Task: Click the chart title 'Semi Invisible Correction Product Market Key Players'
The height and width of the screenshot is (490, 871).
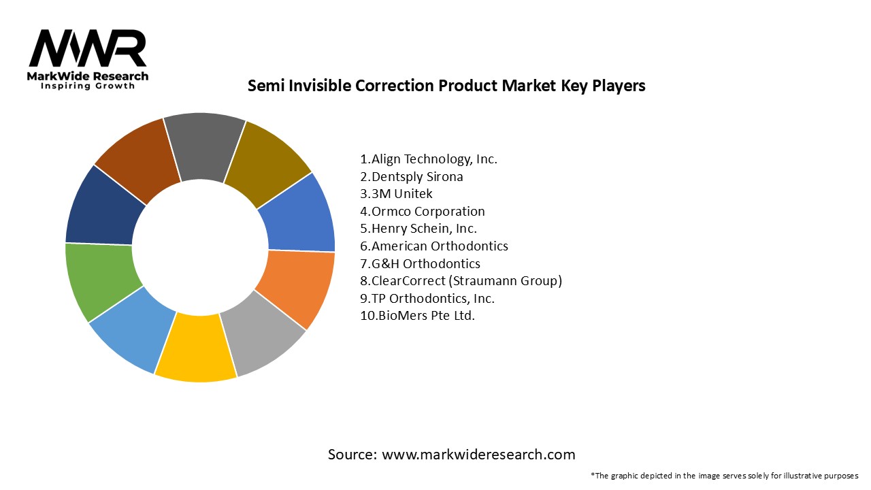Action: click(x=446, y=86)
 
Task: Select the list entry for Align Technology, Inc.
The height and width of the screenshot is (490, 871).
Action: click(x=429, y=159)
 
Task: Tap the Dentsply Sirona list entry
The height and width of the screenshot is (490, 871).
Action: click(x=412, y=177)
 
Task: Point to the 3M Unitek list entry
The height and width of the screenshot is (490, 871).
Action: click(x=396, y=194)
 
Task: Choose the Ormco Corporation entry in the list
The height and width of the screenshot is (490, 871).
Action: click(x=423, y=212)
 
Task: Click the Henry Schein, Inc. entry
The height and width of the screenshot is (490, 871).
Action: click(x=418, y=229)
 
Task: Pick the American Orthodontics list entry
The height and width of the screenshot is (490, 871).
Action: click(x=434, y=246)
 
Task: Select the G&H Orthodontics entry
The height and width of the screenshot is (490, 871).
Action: click(x=420, y=263)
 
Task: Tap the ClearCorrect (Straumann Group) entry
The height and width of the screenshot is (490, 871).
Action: click(x=461, y=281)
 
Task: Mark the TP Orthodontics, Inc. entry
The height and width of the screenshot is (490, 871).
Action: click(x=427, y=298)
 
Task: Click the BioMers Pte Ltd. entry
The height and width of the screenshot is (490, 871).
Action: click(x=418, y=316)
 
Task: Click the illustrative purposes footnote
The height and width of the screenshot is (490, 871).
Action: click(x=725, y=475)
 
